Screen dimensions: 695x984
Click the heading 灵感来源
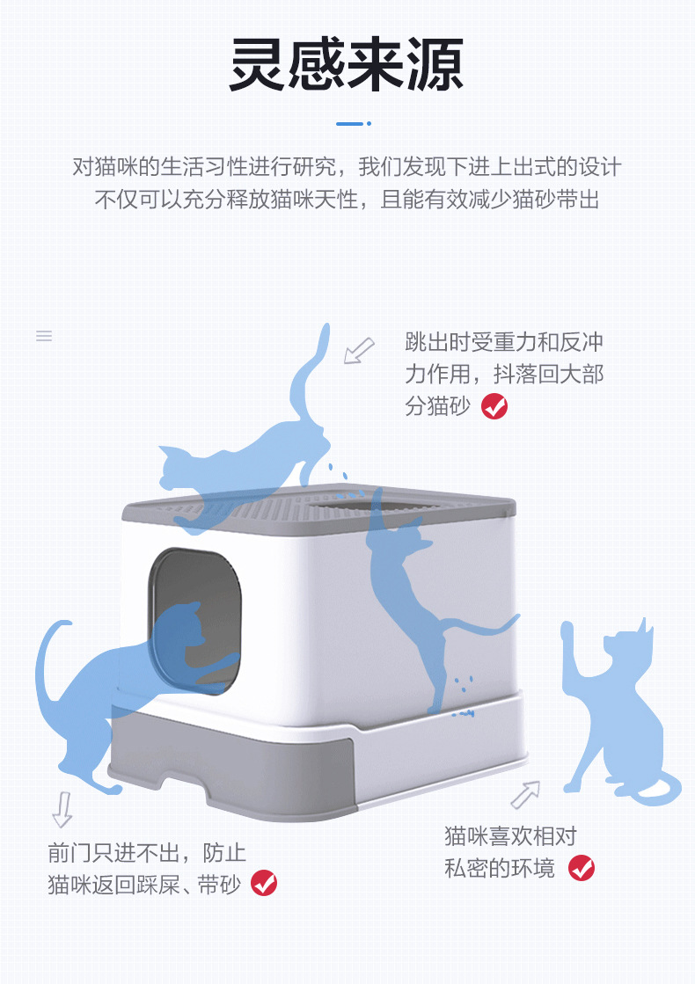click(x=347, y=64)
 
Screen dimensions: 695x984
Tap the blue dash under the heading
click(x=354, y=124)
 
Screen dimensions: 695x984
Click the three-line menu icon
click(x=44, y=336)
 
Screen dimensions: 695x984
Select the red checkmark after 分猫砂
click(x=494, y=406)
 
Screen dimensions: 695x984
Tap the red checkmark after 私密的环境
click(x=582, y=868)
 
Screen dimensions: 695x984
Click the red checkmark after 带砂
click(x=264, y=883)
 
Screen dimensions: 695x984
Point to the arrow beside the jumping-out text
click(x=358, y=351)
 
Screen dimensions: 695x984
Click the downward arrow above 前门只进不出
click(x=62, y=810)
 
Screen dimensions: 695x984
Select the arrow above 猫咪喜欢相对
click(x=525, y=794)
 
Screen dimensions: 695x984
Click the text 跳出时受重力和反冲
click(x=504, y=342)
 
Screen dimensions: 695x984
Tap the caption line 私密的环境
click(x=500, y=869)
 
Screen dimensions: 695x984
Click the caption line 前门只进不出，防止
click(x=147, y=853)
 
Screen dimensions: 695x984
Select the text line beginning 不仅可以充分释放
click(x=347, y=200)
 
